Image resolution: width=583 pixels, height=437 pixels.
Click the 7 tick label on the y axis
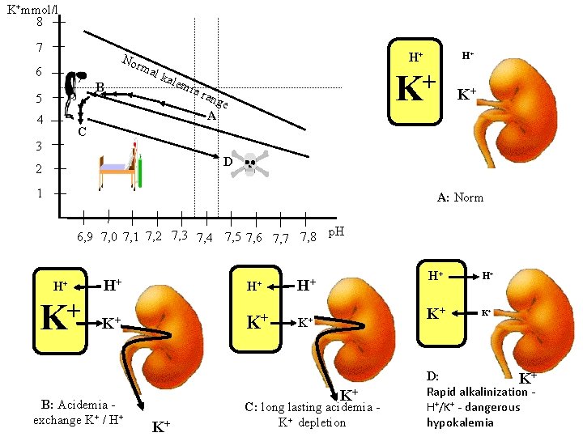coord(39,48)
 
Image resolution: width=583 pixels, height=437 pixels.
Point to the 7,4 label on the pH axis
coord(205,237)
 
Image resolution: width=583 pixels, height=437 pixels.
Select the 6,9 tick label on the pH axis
coord(85,237)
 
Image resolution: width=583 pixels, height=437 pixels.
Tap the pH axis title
coord(335,232)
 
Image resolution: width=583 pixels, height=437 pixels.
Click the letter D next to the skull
coord(228,162)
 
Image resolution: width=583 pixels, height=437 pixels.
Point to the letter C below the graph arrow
coord(82,133)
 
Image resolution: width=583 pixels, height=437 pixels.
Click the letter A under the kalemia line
coord(211,116)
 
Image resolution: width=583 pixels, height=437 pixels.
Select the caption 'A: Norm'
coord(460,197)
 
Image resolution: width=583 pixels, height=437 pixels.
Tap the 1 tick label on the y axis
coord(39,194)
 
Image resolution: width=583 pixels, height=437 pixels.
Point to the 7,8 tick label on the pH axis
coord(307,237)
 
